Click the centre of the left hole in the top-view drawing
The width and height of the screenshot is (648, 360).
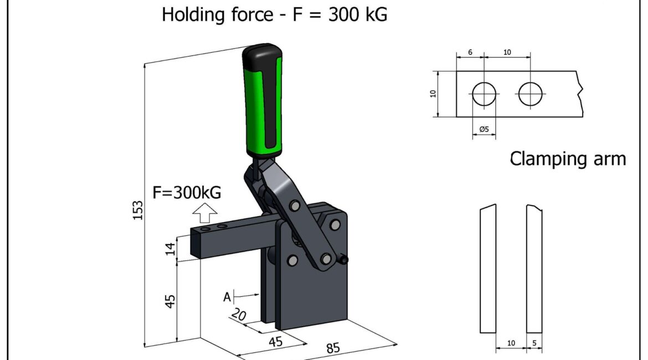point(484,94)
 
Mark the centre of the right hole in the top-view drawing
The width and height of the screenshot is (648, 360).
point(530,94)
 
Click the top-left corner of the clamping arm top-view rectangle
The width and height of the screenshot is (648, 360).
point(457,71)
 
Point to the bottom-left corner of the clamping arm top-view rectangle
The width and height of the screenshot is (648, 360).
point(457,117)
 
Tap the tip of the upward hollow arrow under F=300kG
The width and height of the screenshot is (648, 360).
point(205,203)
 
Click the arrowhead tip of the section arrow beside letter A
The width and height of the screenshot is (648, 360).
point(259,295)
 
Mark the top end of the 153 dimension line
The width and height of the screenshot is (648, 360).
point(145,64)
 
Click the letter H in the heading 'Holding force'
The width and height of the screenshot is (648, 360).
point(168,14)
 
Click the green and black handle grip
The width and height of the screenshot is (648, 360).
point(263,100)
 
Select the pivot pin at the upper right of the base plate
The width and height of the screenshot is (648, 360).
point(335,225)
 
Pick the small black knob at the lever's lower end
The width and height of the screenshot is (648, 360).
point(343,260)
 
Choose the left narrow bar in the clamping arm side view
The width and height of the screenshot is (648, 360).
point(487,269)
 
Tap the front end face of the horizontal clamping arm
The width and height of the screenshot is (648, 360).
point(196,244)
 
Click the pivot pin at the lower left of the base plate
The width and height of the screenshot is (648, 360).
point(292,261)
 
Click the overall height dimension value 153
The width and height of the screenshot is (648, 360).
point(137,210)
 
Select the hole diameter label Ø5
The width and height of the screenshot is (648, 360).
point(484,130)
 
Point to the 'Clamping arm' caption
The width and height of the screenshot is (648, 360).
point(568,159)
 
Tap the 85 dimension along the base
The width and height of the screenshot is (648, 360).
point(333,348)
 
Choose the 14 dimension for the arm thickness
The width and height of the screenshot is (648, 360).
point(170,249)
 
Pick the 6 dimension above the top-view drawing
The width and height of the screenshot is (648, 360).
point(470,53)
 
